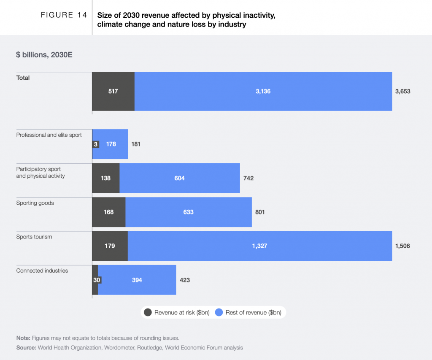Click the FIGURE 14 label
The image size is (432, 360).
coord(63,15)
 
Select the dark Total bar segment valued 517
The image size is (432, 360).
coord(113,91)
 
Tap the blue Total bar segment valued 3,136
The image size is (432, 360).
coord(263,91)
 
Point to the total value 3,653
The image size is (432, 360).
coord(402,91)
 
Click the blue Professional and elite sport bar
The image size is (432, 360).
coord(111,144)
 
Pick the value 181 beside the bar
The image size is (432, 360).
coord(135,144)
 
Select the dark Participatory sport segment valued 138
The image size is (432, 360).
coord(106,178)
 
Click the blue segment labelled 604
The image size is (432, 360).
coord(180,178)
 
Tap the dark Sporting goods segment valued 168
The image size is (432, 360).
coord(109,212)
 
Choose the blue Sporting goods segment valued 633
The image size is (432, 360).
coord(189,212)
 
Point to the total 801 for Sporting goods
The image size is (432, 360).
coord(260,212)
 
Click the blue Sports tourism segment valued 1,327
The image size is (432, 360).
coord(260,246)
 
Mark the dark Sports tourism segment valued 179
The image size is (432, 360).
coord(110,246)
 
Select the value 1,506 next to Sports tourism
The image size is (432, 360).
coord(402,246)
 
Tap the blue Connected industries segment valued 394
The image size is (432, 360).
coord(137,280)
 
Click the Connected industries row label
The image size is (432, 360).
coord(42,271)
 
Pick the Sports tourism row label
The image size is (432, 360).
coord(34,237)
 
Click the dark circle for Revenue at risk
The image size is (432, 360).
coord(148,312)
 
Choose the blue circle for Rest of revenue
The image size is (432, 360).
coord(219,312)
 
